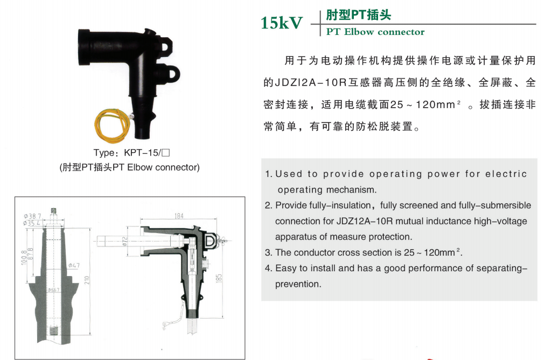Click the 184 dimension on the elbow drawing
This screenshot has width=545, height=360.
(x=179, y=216)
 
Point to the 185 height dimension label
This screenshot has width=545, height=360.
(x=219, y=278)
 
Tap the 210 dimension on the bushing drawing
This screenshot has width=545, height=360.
(x=87, y=280)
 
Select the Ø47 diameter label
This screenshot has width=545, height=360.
(x=74, y=266)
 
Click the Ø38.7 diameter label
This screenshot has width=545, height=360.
(x=32, y=216)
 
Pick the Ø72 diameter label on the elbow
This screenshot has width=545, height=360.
(x=125, y=241)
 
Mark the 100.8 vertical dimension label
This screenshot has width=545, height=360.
(x=24, y=257)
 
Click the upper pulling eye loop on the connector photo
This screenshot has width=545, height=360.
(x=167, y=45)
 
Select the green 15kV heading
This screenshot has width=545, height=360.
(x=282, y=23)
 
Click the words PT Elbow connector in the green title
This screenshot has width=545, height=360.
(x=375, y=32)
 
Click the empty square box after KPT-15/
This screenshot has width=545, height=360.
(x=166, y=153)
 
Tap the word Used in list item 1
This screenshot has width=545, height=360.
(x=289, y=174)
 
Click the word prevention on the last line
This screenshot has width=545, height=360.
(x=298, y=284)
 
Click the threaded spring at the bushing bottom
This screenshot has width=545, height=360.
(x=53, y=331)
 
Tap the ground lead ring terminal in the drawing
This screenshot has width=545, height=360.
(x=165, y=324)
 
